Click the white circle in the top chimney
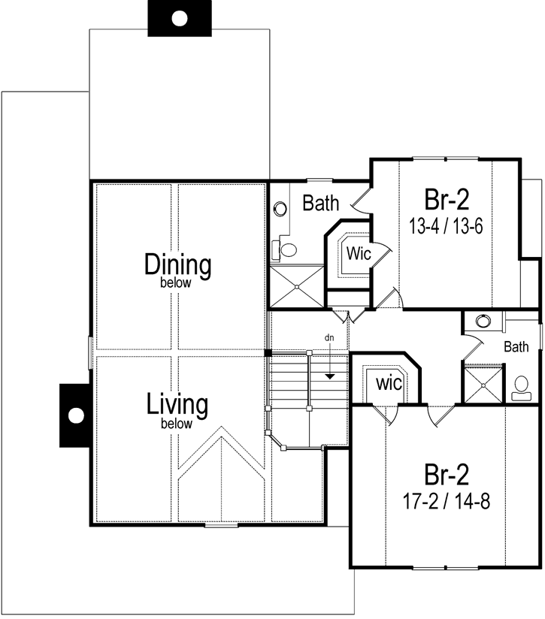pyautogui.click(x=179, y=19)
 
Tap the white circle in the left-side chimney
pyautogui.click(x=75, y=415)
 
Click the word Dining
pyautogui.click(x=178, y=264)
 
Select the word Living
pyautogui.click(x=177, y=404)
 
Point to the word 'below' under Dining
pyautogui.click(x=178, y=283)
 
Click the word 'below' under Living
pyautogui.click(x=177, y=424)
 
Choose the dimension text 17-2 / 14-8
pyautogui.click(x=447, y=501)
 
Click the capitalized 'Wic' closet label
pyautogui.click(x=358, y=255)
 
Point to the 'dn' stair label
pyautogui.click(x=329, y=338)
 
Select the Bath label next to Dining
pyautogui.click(x=321, y=203)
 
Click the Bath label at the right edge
pyautogui.click(x=516, y=346)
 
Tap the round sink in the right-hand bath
pyautogui.click(x=483, y=321)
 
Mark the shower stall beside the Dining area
pyautogui.click(x=297, y=286)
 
